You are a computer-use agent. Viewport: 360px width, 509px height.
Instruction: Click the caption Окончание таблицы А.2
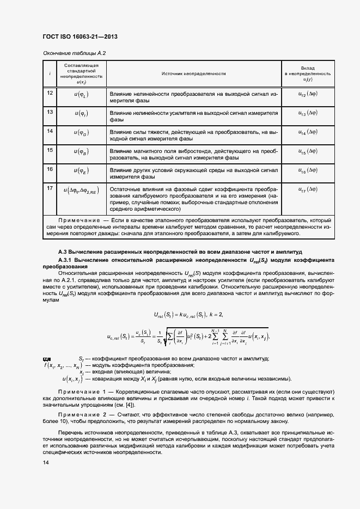point(74,53)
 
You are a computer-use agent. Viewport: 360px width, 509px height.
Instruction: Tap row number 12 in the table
point(50,93)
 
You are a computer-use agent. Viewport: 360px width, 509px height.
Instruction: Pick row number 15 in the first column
point(50,150)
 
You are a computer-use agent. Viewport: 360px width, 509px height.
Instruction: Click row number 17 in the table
point(50,188)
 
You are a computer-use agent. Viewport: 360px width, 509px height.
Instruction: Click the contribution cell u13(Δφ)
point(308,113)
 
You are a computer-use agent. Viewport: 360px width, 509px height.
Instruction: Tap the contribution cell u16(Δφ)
point(308,170)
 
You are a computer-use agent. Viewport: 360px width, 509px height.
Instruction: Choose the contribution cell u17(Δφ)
point(308,190)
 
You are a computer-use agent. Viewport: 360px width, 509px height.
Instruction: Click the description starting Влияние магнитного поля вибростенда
point(194,154)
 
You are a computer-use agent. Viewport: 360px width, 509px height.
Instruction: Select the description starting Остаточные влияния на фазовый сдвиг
point(194,198)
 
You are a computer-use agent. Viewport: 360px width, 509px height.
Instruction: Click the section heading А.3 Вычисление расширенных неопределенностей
point(180,252)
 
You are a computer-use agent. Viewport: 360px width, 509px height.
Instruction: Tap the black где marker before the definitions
point(45,358)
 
